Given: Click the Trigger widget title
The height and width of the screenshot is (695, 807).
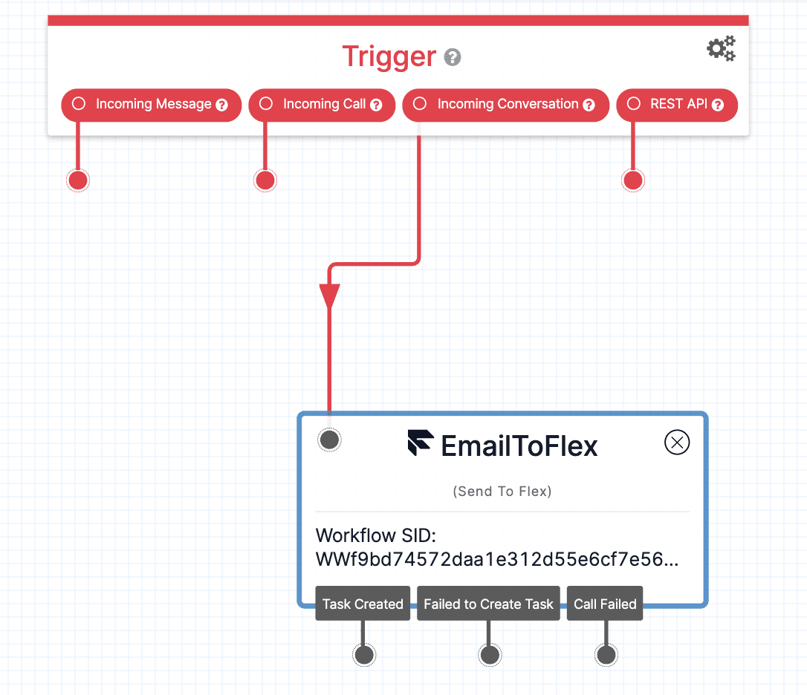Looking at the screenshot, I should click(x=389, y=57).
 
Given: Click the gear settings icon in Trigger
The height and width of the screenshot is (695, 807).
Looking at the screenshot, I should click(x=720, y=49).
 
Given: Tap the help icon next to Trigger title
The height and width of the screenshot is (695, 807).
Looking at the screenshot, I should click(x=452, y=58).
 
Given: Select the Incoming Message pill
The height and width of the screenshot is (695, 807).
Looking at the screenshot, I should click(x=151, y=105).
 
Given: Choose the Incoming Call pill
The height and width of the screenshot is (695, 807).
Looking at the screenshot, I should click(x=322, y=105).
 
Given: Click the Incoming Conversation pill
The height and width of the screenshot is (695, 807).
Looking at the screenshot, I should click(x=505, y=105).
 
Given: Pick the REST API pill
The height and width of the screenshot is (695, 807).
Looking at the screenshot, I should click(x=677, y=105).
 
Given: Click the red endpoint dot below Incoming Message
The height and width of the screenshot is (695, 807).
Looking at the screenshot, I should click(x=78, y=180).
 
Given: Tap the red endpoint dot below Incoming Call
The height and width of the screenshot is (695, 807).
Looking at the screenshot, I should click(x=265, y=180).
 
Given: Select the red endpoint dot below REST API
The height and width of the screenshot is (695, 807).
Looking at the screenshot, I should click(x=633, y=180).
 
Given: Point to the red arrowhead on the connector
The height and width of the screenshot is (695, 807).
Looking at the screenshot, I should click(x=329, y=296).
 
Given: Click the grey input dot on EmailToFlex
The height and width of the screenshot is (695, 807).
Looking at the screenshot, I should click(x=329, y=440).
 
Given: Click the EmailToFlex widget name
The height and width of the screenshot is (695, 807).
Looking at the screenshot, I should click(x=519, y=446).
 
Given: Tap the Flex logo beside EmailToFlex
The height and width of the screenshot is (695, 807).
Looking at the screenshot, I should click(x=420, y=443).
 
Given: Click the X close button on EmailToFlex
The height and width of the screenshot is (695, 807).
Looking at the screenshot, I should click(x=676, y=443).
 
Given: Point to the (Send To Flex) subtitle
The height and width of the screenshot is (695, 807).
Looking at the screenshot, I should click(x=502, y=492).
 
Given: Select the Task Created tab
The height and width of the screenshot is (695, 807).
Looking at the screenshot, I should click(x=363, y=604).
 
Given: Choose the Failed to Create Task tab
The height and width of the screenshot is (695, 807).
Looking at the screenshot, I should click(x=488, y=604).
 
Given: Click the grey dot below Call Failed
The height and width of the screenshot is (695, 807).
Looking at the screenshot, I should click(x=606, y=655).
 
